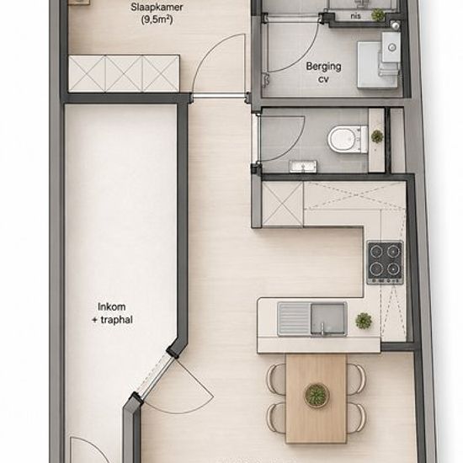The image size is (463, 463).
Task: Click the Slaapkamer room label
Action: tap(157, 7)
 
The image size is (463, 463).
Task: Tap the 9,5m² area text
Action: tap(157, 20)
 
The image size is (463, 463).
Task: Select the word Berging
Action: tap(323, 67)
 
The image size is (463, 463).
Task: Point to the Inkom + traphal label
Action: tap(112, 313)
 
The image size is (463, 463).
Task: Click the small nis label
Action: tap(356, 16)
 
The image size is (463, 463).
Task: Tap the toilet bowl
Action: tap(348, 140)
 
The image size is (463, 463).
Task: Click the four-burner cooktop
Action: tap(385, 262)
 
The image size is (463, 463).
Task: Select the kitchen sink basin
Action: tap(328, 318)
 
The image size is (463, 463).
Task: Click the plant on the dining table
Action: tap(317, 395)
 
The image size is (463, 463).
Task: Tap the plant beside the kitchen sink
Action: tap(364, 321)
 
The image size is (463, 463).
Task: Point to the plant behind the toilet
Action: tap(377, 136)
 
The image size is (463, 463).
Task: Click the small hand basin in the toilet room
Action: tap(303, 166)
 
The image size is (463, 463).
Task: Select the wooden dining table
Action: tap(316, 399)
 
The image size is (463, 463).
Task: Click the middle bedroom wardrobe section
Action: tap(124, 74)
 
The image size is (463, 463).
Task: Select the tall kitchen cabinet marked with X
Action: tap(283, 205)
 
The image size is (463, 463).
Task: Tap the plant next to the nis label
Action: tap(377, 14)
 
